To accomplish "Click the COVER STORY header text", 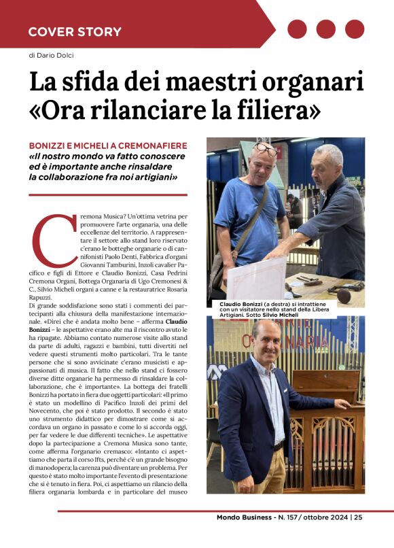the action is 75,31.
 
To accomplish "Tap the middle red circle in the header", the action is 327,29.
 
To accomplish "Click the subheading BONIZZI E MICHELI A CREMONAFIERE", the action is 108,146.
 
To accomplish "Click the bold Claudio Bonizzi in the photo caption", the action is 241,304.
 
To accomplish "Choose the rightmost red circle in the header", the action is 355,29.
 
